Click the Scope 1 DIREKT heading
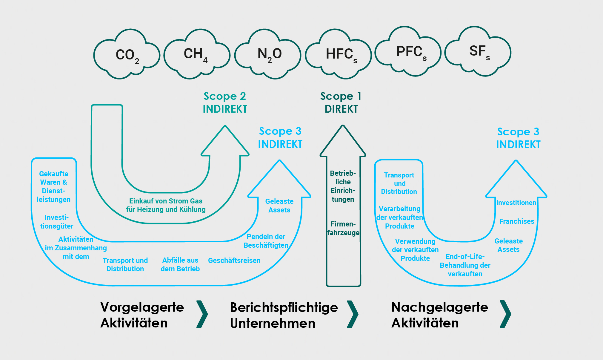pos(341,102)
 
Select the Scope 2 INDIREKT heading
pos(225,102)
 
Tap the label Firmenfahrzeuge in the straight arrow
pos(343,228)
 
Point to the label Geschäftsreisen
pos(234,261)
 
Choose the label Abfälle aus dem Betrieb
pos(180,265)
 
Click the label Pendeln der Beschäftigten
pos(266,241)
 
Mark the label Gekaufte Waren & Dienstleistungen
pos(54,186)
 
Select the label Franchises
pos(516,221)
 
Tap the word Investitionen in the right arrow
pos(516,203)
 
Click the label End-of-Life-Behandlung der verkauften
pos(465,265)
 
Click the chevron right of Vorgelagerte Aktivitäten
pos(202,314)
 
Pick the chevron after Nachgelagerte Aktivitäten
pos(505,314)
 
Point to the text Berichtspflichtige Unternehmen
pos(284,315)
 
